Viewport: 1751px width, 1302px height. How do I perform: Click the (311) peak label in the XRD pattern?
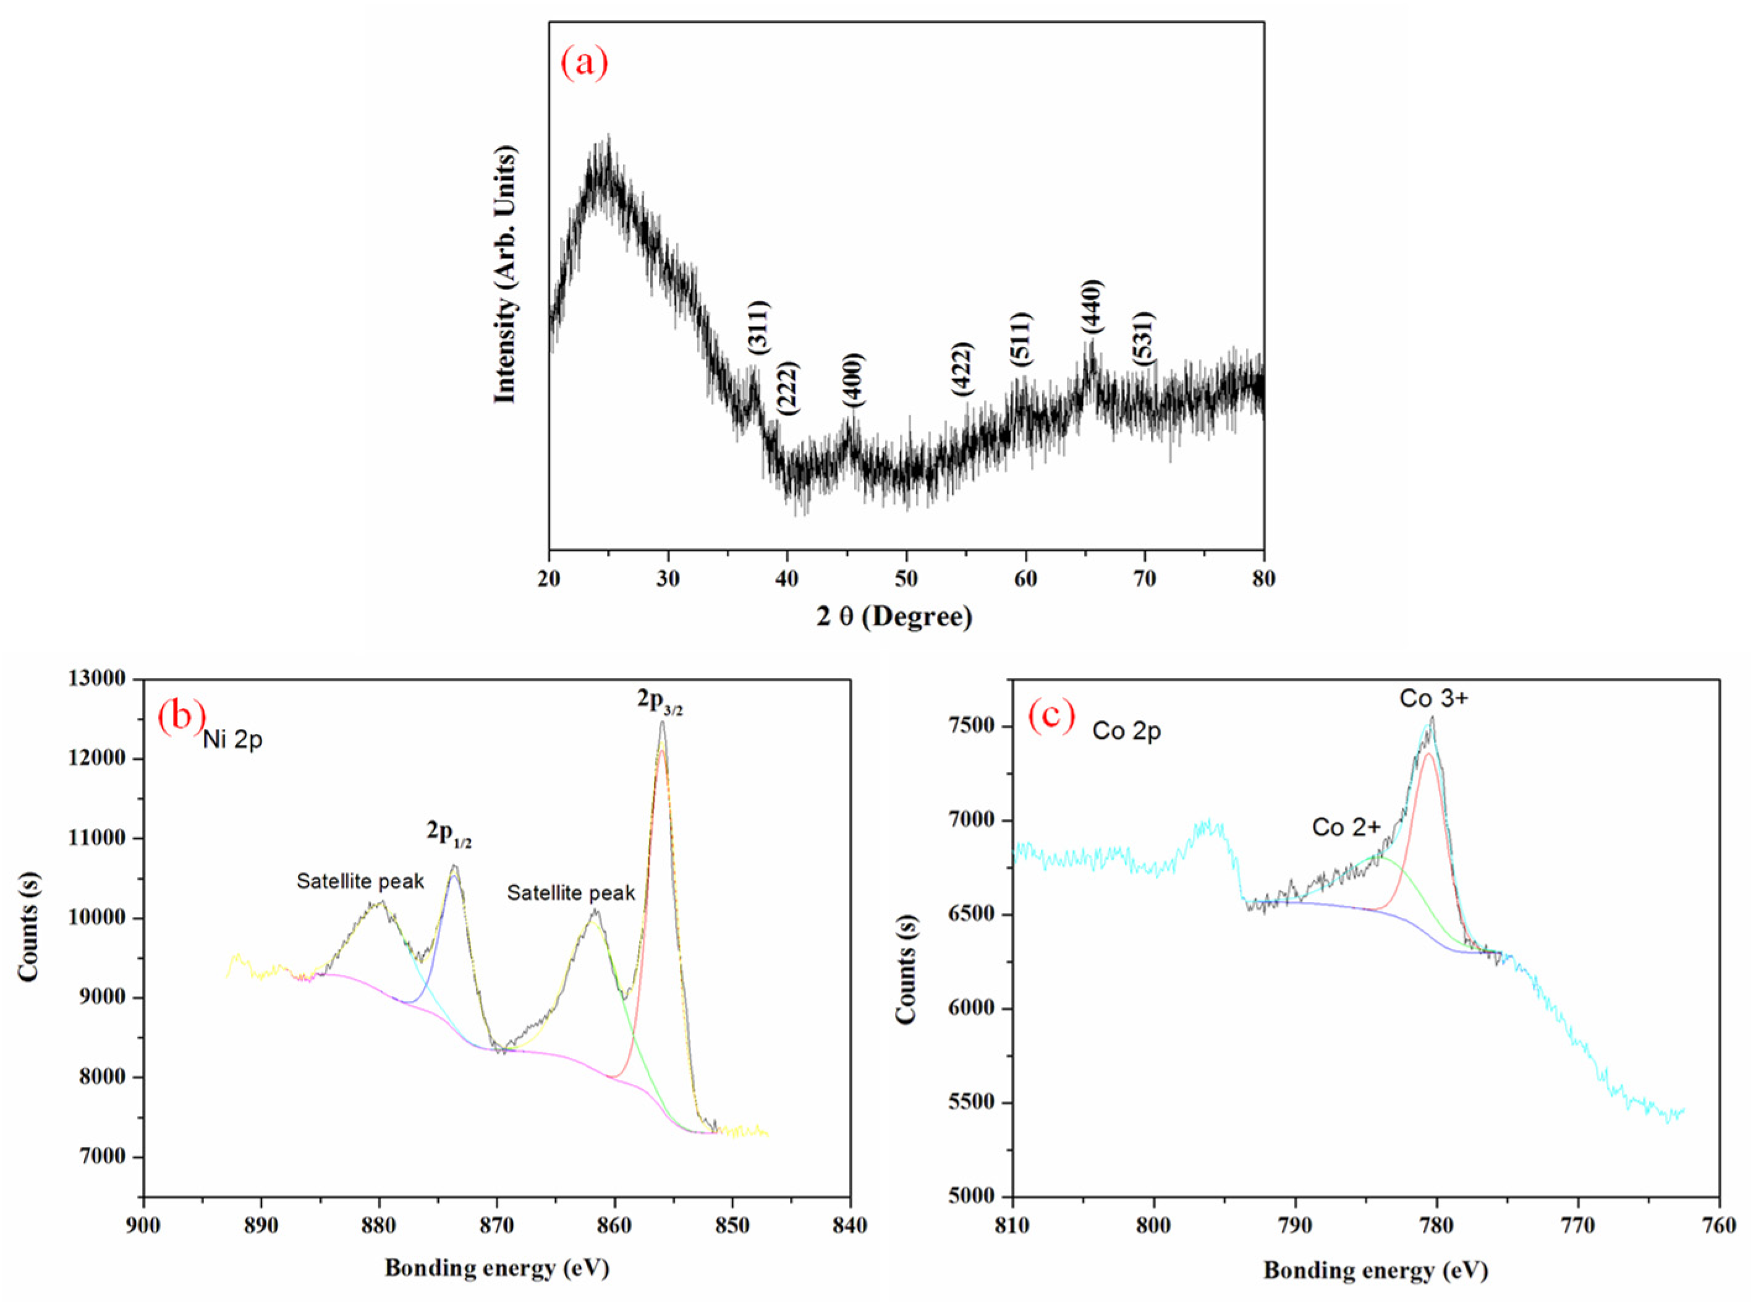tap(758, 327)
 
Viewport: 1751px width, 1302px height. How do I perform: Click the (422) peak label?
tap(962, 369)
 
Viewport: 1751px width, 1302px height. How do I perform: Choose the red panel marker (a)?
tap(584, 62)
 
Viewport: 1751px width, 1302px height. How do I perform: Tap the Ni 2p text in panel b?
tap(232, 741)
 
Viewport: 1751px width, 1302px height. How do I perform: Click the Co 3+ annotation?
tap(1433, 698)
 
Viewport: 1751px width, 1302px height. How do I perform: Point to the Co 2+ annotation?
tap(1346, 827)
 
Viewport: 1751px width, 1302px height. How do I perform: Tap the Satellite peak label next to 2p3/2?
tap(570, 893)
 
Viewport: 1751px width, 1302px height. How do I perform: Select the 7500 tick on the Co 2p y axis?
tap(977, 726)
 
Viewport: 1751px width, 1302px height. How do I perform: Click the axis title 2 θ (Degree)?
tap(894, 616)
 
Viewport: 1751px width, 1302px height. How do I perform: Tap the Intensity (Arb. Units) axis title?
tap(504, 275)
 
